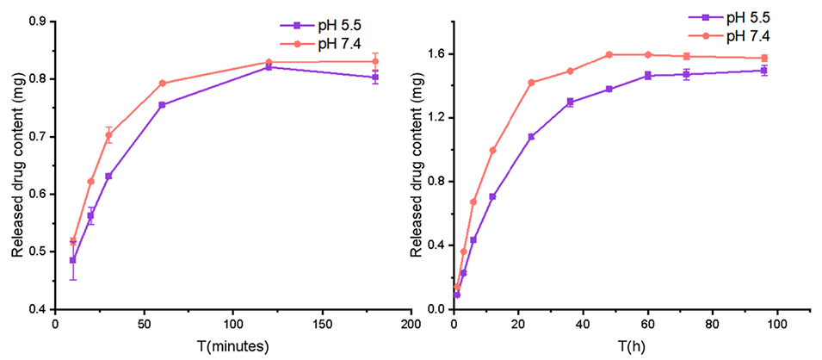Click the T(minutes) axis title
coord(233,346)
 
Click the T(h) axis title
coord(632,346)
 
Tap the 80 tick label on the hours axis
coord(711,325)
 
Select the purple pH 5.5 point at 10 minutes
coord(73,260)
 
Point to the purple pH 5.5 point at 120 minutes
coord(269,66)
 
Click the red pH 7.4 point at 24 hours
coord(531,83)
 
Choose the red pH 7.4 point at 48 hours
coord(609,54)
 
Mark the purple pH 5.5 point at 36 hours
coord(570,102)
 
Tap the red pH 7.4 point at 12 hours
coord(492,150)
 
